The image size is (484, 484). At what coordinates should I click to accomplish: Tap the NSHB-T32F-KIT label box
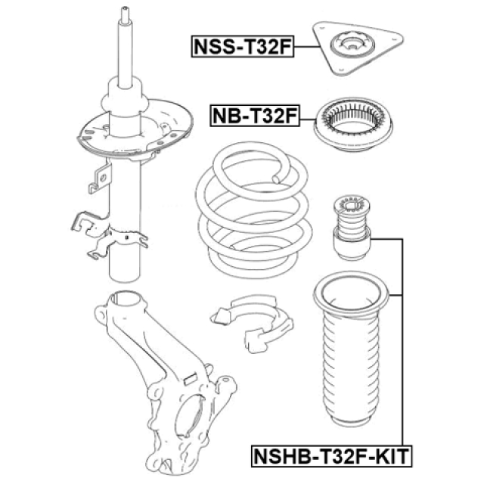(330, 457)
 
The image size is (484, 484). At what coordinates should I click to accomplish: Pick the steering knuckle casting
(151, 355)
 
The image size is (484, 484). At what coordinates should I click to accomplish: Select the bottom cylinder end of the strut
(125, 265)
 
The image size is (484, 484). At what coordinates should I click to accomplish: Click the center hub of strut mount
(354, 49)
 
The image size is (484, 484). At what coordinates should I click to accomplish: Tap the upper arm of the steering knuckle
(121, 302)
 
